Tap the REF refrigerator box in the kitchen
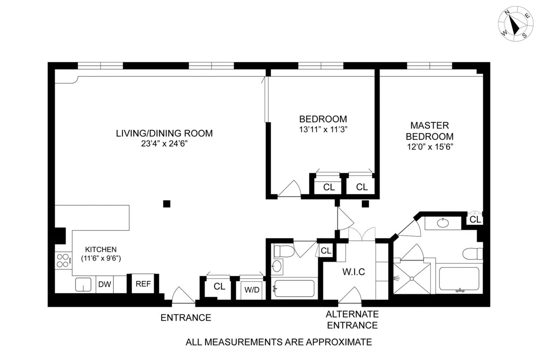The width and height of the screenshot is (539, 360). click(x=143, y=284)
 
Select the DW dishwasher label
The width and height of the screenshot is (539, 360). click(x=105, y=284)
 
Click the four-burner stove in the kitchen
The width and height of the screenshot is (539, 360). click(x=63, y=260)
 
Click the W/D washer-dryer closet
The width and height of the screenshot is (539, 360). click(x=252, y=289)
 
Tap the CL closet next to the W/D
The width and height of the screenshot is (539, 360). click(x=219, y=286)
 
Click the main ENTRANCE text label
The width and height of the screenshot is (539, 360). click(x=186, y=318)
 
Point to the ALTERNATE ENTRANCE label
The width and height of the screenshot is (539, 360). click(x=352, y=320)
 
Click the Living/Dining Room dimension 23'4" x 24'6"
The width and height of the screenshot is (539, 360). click(x=164, y=144)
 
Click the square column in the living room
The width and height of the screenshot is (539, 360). click(x=167, y=204)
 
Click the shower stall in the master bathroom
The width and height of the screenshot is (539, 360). click(x=411, y=278)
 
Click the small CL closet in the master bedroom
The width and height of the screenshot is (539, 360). click(x=475, y=220)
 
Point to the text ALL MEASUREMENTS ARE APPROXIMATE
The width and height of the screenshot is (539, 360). click(x=279, y=342)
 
